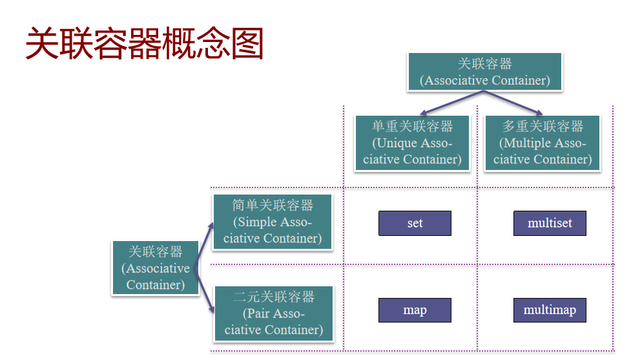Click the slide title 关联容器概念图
coord(145,43)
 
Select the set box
coord(415,224)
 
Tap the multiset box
coord(550,224)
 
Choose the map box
coord(415,310)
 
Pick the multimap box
coord(550,310)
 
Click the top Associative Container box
coord(484,72)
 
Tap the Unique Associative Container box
coord(412,143)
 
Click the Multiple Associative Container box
coord(543,143)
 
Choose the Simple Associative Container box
coord(272,222)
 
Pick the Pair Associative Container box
coord(273,313)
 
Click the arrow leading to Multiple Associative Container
coord(514,103)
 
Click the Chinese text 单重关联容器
coord(412,127)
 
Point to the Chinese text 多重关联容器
coord(543,127)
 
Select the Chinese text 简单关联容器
coord(273,206)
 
